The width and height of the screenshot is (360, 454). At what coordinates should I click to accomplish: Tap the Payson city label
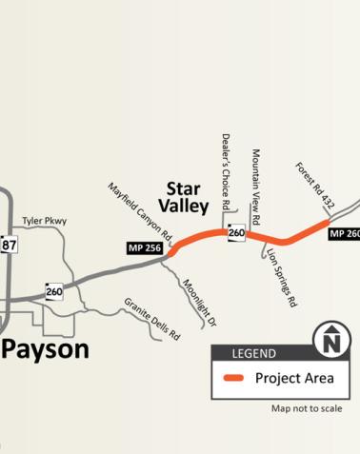tap(45, 348)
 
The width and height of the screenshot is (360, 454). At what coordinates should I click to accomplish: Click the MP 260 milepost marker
tap(345, 234)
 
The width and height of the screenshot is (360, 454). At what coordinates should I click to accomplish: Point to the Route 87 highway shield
tap(10, 245)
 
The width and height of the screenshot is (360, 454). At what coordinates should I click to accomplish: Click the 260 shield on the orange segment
tap(236, 232)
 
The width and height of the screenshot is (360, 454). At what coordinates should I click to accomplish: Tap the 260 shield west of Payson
tap(54, 291)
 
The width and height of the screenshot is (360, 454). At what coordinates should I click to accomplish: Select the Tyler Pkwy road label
tap(43, 219)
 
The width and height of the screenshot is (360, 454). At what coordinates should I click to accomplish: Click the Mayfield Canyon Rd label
tap(139, 211)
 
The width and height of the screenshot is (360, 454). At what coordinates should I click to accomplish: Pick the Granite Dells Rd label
tap(152, 319)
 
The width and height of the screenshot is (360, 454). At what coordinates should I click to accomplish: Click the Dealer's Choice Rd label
tap(227, 171)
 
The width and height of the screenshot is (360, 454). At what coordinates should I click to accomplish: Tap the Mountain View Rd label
tap(255, 180)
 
